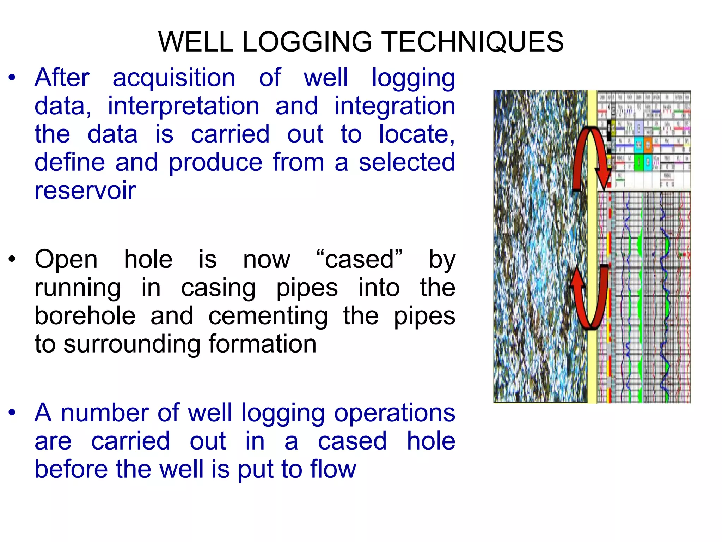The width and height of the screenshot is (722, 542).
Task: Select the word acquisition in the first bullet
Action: click(174, 78)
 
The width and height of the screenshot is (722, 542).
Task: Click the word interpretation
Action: click(183, 106)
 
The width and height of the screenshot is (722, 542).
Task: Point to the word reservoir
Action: click(85, 191)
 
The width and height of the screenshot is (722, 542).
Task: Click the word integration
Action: click(394, 106)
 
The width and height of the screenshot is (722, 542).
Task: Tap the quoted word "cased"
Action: click(359, 259)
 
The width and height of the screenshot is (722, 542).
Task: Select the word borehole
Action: click(85, 316)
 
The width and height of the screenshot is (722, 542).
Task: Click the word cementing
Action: click(268, 316)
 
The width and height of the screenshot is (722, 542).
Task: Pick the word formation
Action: click(263, 344)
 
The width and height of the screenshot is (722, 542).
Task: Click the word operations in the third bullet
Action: click(394, 413)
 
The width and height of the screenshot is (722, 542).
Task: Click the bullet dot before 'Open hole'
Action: click(12, 259)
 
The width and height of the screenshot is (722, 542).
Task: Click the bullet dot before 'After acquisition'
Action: click(12, 78)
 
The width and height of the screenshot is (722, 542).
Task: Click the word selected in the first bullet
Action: click(407, 162)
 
